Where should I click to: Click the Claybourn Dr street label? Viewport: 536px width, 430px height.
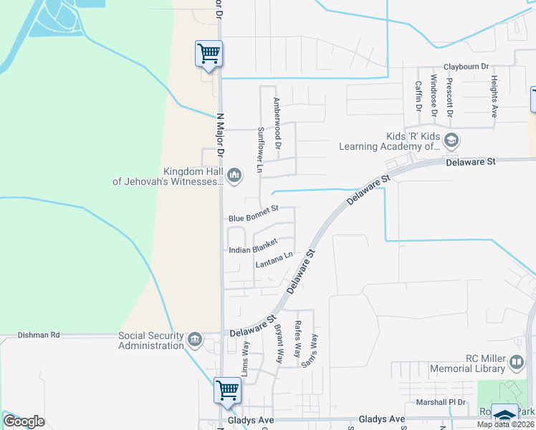466,66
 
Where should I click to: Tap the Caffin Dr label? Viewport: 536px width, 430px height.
418,95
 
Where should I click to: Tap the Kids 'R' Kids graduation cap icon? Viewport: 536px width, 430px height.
451,139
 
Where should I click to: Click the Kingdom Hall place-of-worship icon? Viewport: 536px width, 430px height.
234,175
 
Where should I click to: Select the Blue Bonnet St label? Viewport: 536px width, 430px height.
253,218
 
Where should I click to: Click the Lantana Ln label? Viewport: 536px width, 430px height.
274,260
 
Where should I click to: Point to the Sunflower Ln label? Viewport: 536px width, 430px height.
260,150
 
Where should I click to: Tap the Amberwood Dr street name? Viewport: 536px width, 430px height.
276,123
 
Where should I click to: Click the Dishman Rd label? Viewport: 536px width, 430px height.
39,335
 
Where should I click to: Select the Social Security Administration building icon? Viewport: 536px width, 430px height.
194,339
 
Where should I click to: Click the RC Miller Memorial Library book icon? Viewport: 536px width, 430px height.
516,362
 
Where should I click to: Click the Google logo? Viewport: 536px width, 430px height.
24,421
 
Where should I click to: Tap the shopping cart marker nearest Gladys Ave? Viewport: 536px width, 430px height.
227,391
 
